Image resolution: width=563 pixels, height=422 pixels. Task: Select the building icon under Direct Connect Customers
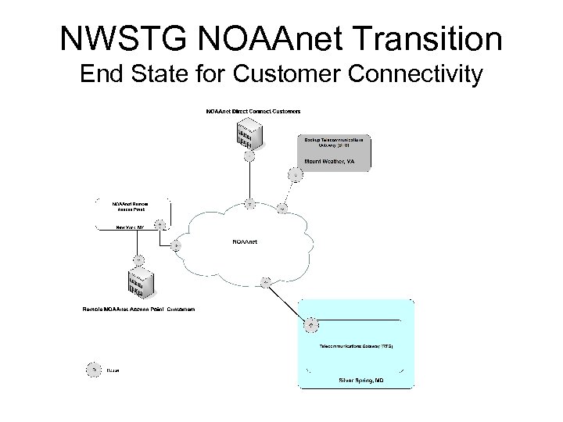[249, 134]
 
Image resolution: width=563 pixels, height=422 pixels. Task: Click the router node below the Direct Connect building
[249, 156]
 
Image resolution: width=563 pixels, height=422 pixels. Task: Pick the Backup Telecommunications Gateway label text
[334, 141]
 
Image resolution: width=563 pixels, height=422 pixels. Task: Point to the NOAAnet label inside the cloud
[245, 241]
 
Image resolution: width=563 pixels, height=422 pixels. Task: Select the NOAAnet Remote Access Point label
[131, 206]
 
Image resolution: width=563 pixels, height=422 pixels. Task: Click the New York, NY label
[131, 227]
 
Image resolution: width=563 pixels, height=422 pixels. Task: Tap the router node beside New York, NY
[160, 225]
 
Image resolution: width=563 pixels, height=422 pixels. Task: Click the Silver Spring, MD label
[360, 380]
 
